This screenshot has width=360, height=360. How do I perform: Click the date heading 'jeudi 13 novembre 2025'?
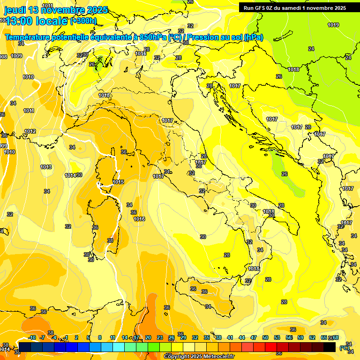(x=56, y=10)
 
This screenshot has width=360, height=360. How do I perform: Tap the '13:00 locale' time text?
(x=37, y=20)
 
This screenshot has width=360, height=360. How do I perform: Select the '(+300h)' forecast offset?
(x=84, y=21)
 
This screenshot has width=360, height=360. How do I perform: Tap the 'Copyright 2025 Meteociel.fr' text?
(x=199, y=356)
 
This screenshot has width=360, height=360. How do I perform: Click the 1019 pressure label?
(x=333, y=25)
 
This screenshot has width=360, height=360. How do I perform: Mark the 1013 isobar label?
(x=46, y=167)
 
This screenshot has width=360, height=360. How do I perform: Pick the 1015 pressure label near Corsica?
(x=118, y=182)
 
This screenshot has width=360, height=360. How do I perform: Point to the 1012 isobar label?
(x=30, y=131)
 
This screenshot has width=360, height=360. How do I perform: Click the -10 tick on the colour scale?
(x=32, y=337)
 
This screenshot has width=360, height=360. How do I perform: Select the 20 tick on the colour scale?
(x=148, y=337)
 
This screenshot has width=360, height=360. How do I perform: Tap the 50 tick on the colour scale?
(x=265, y=337)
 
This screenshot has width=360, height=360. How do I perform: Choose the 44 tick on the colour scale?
(x=242, y=337)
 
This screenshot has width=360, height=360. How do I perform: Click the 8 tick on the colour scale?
(x=100, y=337)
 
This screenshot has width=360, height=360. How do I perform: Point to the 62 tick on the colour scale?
(x=312, y=337)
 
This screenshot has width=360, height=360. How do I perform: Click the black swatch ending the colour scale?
(x=330, y=347)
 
